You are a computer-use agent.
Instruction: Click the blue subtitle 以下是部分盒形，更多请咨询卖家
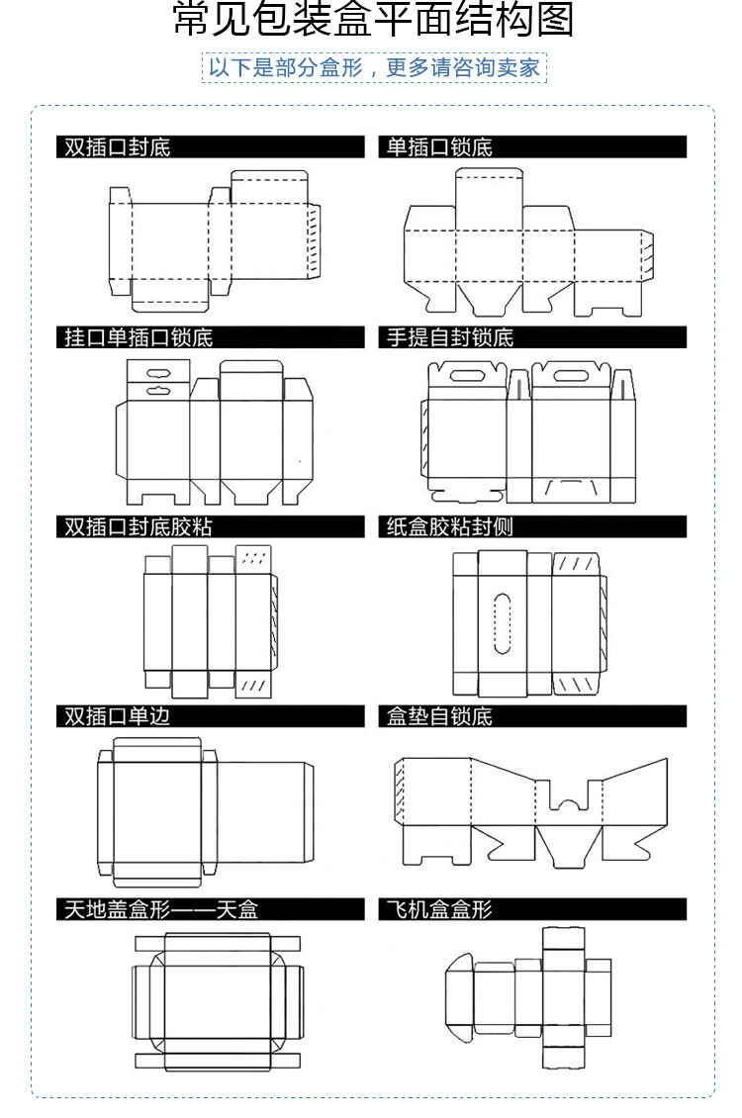[x=374, y=68]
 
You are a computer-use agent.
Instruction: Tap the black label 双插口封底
[x=118, y=147]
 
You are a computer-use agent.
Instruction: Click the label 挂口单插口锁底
[x=139, y=337]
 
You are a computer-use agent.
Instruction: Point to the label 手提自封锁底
[x=449, y=337]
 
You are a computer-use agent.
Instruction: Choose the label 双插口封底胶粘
[x=139, y=526]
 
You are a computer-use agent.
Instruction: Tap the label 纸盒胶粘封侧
[x=449, y=526]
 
